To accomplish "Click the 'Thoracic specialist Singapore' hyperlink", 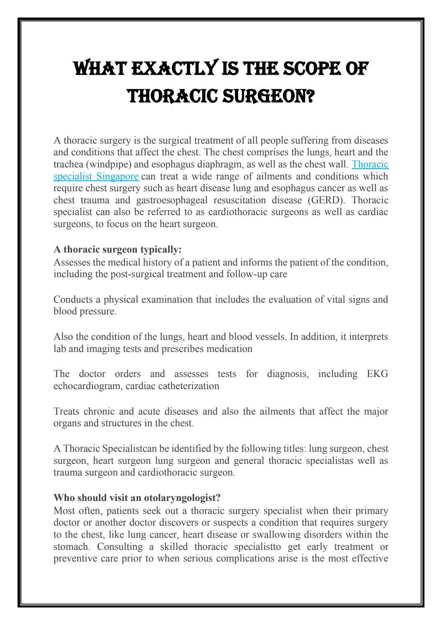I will point(96,176).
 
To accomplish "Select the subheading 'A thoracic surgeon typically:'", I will point(118,250).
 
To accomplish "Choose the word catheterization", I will point(189,386).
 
